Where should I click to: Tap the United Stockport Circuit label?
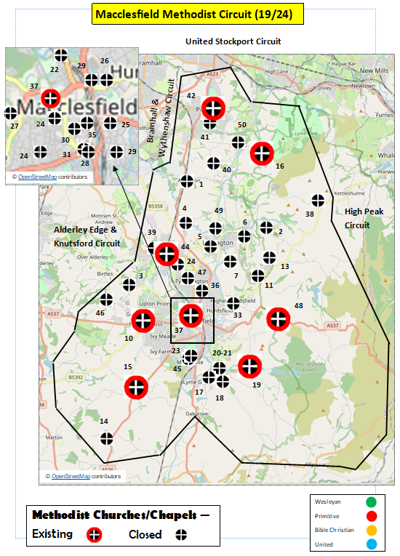[233, 41]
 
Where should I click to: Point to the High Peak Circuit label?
[357, 218]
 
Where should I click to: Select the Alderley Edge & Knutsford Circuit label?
[87, 236]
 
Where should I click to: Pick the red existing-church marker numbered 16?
[262, 153]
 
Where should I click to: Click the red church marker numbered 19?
[249, 366]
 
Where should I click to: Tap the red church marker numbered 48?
[278, 318]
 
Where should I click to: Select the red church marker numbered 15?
[136, 387]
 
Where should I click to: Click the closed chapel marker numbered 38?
[318, 201]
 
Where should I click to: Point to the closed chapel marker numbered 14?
[108, 438]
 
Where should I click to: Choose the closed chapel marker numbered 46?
[106, 299]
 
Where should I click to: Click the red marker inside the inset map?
[51, 97]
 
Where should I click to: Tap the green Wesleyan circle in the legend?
[372, 501]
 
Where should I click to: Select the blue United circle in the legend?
[372, 544]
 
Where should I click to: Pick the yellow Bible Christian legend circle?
[372, 530]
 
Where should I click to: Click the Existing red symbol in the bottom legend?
[95, 534]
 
